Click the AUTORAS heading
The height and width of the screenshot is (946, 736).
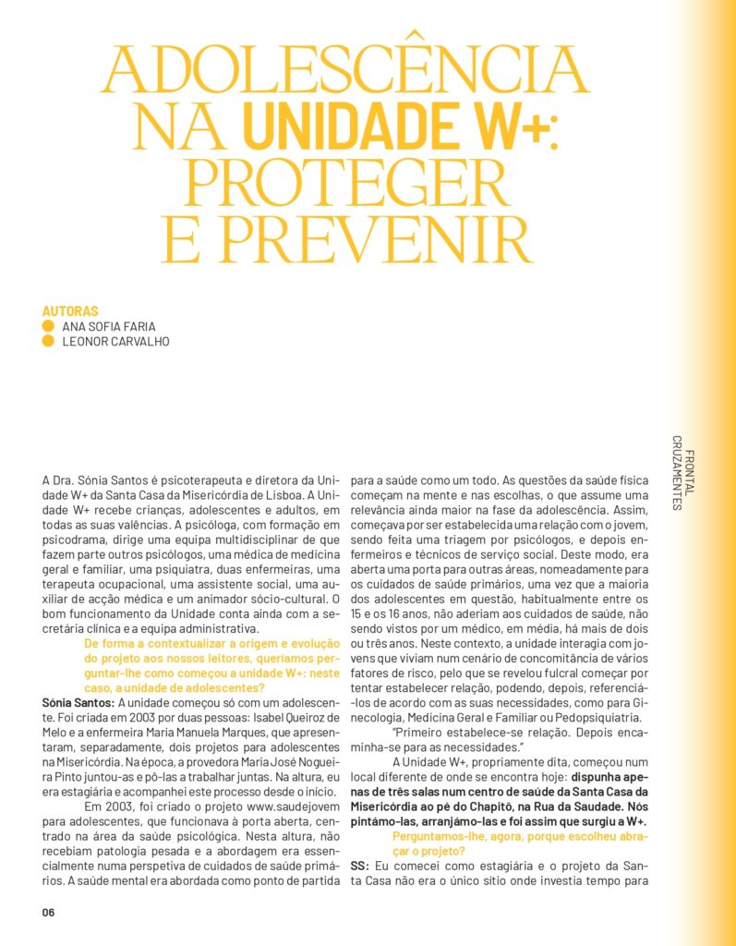(70, 311)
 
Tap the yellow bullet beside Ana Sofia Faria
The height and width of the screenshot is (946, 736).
(48, 326)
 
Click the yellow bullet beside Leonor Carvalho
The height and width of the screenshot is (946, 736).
(48, 341)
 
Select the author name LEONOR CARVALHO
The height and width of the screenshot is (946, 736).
(115, 341)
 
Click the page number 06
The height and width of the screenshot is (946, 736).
(49, 912)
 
